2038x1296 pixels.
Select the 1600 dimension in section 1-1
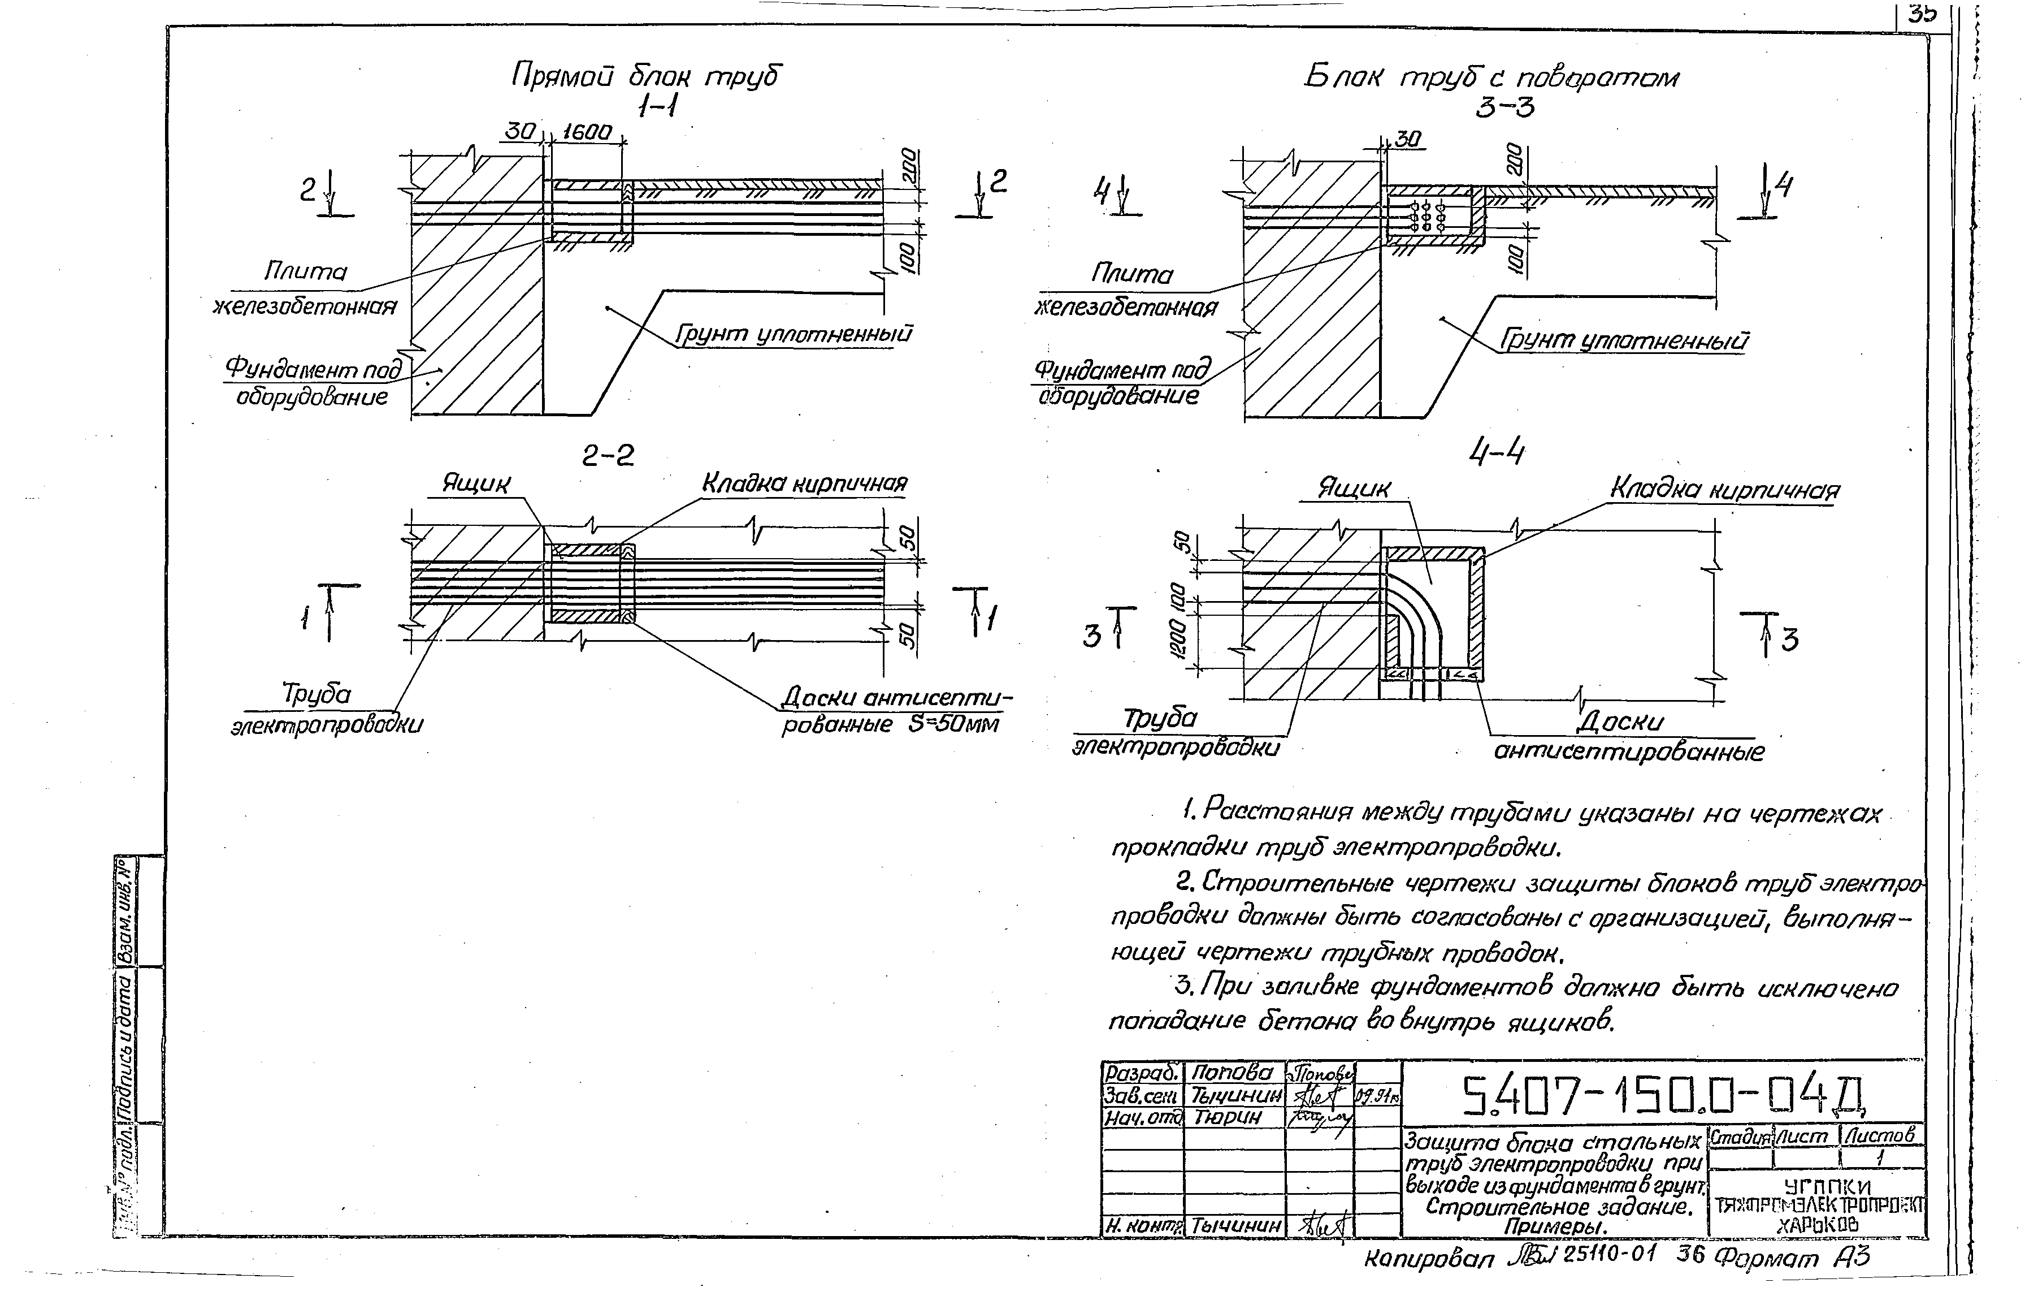(x=587, y=133)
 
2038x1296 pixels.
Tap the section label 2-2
(x=608, y=456)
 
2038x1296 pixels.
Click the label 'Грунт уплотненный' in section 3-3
(x=1623, y=341)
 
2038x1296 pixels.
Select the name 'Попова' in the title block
(x=1232, y=1073)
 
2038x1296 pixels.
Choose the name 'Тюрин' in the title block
(x=1226, y=1117)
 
